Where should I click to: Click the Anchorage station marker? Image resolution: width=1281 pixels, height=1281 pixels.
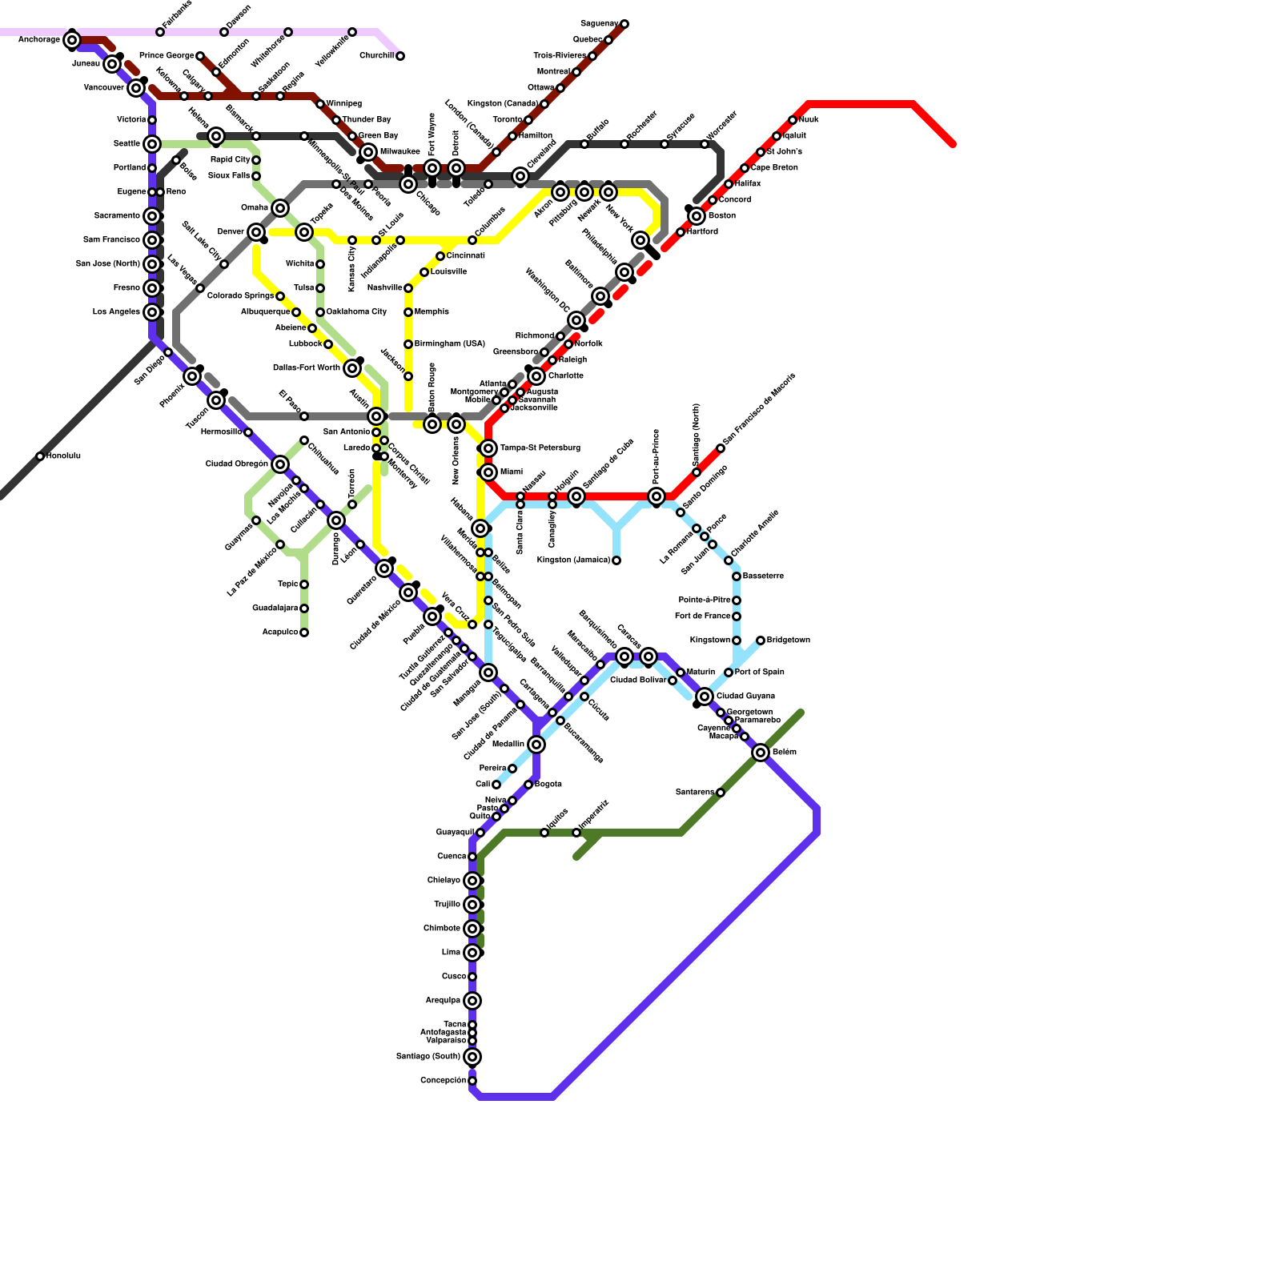click(72, 40)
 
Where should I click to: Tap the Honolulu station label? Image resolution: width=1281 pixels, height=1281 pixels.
click(63, 456)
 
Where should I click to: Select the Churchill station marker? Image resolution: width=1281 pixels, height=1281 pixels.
click(400, 56)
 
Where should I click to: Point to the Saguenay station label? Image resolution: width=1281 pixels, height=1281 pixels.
click(600, 24)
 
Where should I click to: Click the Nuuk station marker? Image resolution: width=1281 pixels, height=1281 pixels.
click(793, 120)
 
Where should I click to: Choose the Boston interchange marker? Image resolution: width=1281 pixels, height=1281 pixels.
click(697, 216)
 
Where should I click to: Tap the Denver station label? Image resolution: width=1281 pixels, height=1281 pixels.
click(231, 232)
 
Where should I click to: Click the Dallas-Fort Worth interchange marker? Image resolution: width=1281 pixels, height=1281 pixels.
click(352, 368)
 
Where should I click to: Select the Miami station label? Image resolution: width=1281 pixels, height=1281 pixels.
click(511, 472)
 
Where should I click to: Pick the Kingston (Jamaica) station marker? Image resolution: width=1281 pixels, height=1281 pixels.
click(616, 560)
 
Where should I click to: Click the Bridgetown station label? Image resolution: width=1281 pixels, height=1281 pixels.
click(789, 640)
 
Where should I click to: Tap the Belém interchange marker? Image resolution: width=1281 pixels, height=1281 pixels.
click(761, 753)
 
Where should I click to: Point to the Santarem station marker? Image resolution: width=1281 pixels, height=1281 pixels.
click(721, 793)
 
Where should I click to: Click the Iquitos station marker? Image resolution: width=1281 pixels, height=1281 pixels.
click(544, 833)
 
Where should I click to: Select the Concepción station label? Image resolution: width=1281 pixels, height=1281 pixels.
click(443, 1081)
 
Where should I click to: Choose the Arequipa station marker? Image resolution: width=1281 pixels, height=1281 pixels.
click(472, 1001)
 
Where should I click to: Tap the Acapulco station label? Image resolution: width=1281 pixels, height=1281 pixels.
click(280, 632)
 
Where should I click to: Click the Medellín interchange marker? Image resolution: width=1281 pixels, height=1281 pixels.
click(536, 745)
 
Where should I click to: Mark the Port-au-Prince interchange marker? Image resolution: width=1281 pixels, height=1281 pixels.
click(657, 496)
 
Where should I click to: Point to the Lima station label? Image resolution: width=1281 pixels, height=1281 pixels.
click(451, 953)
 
